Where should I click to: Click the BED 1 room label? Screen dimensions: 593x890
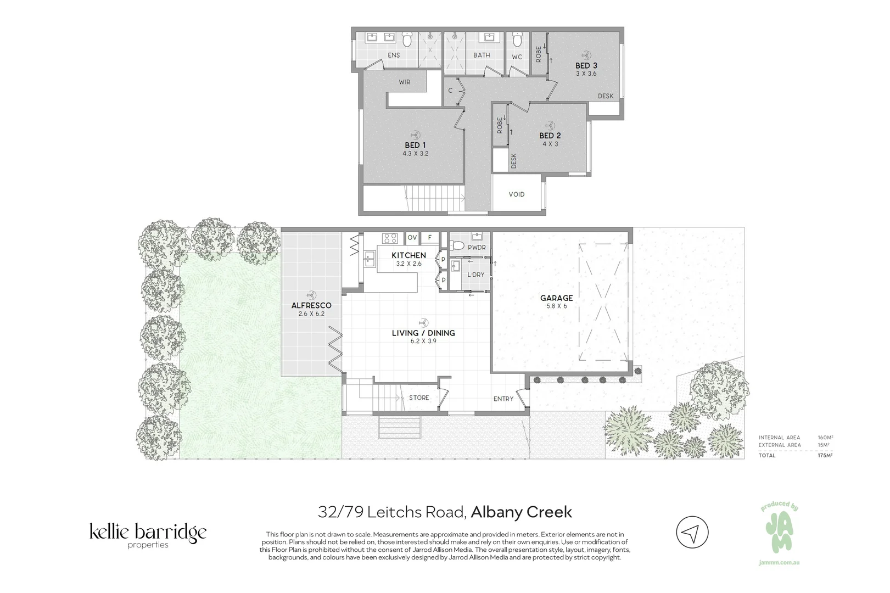pyautogui.click(x=415, y=145)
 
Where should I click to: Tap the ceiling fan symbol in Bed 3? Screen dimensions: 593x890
pyautogui.click(x=586, y=55)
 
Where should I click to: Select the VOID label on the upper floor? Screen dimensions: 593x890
pyautogui.click(x=516, y=194)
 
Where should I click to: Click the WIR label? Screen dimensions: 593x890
pyautogui.click(x=404, y=82)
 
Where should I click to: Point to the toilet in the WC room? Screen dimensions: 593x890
pyautogui.click(x=517, y=40)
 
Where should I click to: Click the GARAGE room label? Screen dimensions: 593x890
pyautogui.click(x=556, y=298)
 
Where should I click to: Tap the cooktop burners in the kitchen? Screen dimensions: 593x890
pyautogui.click(x=390, y=238)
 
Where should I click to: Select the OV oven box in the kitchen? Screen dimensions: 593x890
pyautogui.click(x=412, y=238)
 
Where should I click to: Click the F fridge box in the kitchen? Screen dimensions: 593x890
pyautogui.click(x=430, y=238)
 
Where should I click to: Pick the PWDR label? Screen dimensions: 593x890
pyautogui.click(x=477, y=248)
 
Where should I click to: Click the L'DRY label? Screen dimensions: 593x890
pyautogui.click(x=475, y=275)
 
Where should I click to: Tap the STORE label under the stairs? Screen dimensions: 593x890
pyautogui.click(x=419, y=398)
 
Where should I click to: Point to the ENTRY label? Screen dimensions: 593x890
pyautogui.click(x=503, y=399)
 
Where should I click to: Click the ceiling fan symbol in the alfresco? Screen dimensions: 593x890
pyautogui.click(x=311, y=295)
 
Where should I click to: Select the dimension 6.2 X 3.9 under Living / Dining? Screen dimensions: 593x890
pyautogui.click(x=423, y=341)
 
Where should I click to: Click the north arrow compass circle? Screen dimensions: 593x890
pyautogui.click(x=692, y=532)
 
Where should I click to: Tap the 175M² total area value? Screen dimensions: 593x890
pyautogui.click(x=825, y=455)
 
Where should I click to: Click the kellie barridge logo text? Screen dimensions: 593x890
pyautogui.click(x=148, y=533)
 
